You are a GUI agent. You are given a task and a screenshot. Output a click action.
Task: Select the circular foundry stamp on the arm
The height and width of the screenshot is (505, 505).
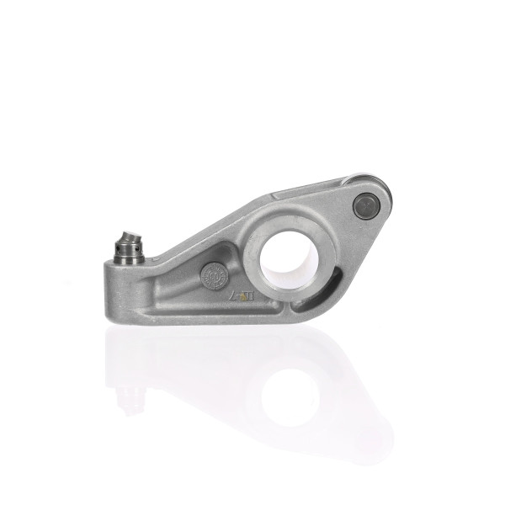pos(213,275)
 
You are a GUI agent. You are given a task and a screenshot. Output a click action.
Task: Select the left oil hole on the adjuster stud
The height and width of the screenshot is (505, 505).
pos(118,247)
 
